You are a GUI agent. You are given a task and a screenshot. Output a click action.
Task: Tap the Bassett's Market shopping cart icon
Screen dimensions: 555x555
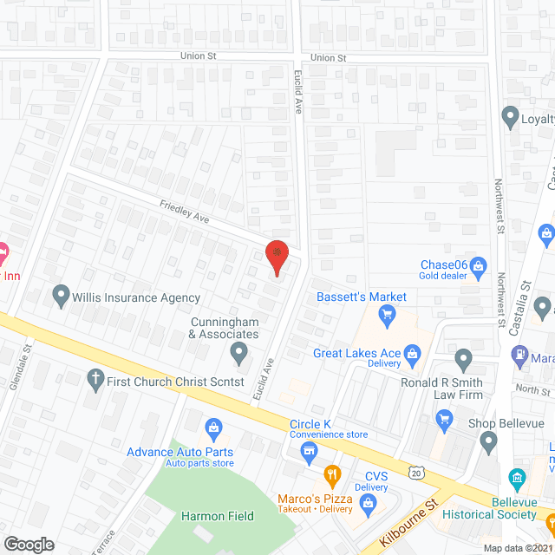(388, 313)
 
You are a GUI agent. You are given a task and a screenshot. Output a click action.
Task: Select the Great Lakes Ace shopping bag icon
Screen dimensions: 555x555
(412, 353)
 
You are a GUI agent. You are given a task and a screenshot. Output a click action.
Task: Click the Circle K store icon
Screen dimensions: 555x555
(307, 450)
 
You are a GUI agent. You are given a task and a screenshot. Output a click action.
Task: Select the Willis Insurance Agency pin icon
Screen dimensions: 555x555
(61, 297)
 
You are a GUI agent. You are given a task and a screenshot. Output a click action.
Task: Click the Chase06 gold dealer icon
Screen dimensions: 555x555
(478, 264)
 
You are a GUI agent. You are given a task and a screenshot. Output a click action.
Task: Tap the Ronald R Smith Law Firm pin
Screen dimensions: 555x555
(463, 358)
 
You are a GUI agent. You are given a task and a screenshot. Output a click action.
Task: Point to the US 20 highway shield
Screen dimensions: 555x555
(416, 471)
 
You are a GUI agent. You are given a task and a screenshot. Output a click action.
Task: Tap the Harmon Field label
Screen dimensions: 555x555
(217, 516)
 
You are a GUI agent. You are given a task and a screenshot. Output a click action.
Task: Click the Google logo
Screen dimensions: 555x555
(29, 544)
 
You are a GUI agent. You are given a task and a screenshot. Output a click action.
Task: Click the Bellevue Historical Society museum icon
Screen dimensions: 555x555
(519, 478)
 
